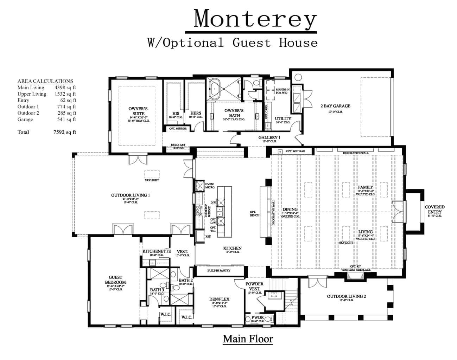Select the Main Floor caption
(248, 339)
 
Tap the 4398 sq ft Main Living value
(65, 88)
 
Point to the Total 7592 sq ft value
(63, 132)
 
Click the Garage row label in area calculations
(25, 120)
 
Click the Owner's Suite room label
(138, 111)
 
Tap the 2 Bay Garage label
(335, 106)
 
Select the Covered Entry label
(434, 210)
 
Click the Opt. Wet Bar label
(295, 152)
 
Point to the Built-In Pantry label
(219, 271)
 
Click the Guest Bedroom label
(115, 280)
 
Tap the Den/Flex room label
(219, 299)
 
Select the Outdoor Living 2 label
(346, 296)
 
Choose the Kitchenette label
(157, 251)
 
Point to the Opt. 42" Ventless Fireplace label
(356, 268)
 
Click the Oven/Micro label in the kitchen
(210, 186)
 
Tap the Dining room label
(290, 210)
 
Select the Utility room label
(283, 119)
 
